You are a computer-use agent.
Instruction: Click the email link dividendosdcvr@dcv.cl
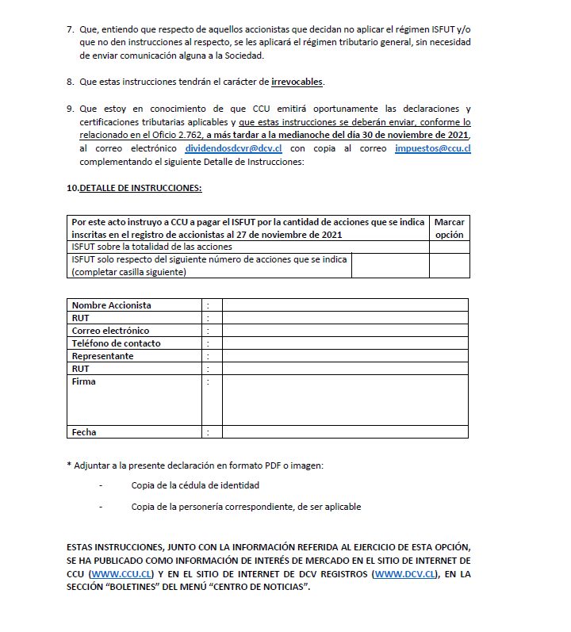tap(234, 148)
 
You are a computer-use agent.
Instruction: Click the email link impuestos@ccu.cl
tap(432, 148)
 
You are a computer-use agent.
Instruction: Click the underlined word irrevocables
tap(297, 82)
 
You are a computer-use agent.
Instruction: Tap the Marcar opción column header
tap(450, 228)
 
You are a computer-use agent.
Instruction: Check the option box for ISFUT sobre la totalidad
tap(450, 247)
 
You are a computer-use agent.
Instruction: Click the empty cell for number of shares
tap(390, 266)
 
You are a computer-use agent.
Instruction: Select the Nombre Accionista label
tap(112, 305)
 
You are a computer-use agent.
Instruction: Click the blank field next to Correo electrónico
tap(345, 331)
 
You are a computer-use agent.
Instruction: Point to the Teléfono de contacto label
tap(117, 343)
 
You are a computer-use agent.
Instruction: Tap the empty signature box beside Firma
tap(345, 400)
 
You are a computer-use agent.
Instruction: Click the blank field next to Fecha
tap(345, 432)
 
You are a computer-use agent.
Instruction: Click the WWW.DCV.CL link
tap(404, 573)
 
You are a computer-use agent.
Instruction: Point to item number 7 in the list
tap(71, 29)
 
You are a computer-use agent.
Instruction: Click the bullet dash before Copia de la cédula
tap(101, 485)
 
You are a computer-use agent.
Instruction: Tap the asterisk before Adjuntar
tap(69, 465)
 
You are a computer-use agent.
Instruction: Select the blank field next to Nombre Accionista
tap(345, 305)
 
